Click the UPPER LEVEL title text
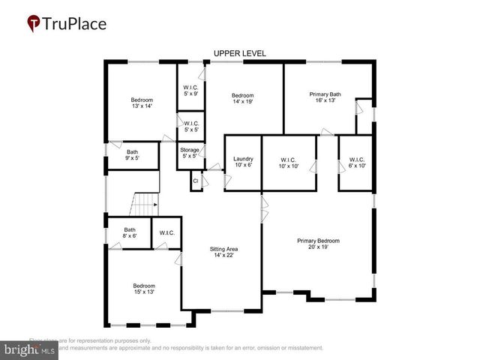click(239, 53)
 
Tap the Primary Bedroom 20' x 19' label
click(318, 244)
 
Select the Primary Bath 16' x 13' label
click(325, 97)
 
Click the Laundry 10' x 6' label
click(243, 162)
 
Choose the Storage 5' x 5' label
click(189, 154)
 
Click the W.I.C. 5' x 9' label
click(190, 90)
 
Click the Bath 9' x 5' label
click(132, 155)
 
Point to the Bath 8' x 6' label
click(130, 233)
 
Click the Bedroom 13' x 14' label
click(142, 104)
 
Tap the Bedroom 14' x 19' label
click(242, 99)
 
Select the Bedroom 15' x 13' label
click(144, 289)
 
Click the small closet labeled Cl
click(196, 181)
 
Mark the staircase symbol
click(145, 203)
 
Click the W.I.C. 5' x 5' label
click(190, 127)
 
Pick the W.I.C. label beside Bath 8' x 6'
click(166, 232)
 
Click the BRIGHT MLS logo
click(30, 349)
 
